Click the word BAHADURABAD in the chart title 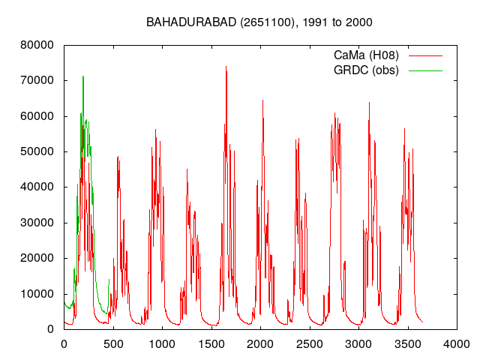pos(191,22)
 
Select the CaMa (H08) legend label pos(366,55)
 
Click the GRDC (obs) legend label pos(366,70)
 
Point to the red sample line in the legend pos(425,56)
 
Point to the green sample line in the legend pos(425,70)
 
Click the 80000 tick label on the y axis pos(37,45)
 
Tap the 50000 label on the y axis pos(37,151)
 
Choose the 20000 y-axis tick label pos(37,258)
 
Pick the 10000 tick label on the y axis pos(37,294)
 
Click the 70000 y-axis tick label pos(37,80)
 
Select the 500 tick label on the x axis pos(113,344)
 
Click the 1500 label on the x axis pos(211,344)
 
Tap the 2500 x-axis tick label pos(310,344)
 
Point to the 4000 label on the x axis pos(457,344)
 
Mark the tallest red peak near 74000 pos(226,67)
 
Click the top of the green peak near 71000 pos(83,76)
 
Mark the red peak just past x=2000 pos(262,100)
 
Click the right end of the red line pos(423,322)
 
